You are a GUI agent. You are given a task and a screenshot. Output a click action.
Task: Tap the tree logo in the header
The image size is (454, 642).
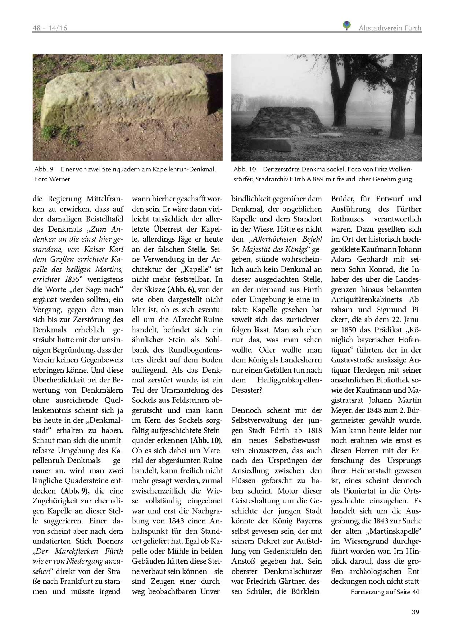point(346,26)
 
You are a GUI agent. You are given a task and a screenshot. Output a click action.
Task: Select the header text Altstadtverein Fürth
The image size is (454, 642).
point(390,28)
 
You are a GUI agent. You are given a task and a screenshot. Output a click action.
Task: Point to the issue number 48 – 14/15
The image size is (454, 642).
point(50,28)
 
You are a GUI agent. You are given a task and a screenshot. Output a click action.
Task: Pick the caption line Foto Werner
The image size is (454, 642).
point(52,179)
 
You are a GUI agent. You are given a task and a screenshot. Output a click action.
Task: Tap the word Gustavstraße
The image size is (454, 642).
point(355,360)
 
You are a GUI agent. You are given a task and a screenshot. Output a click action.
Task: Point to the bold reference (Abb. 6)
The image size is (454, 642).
point(180,289)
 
